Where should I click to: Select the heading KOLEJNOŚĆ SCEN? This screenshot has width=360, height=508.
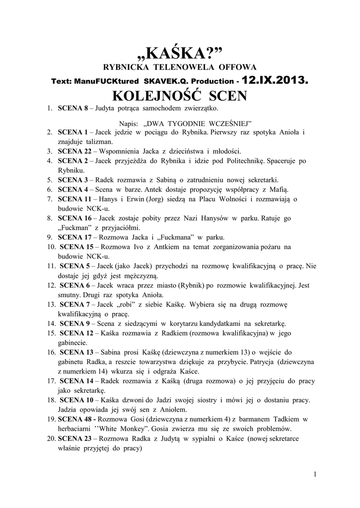point(180,95)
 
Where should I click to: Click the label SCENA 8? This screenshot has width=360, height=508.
point(72,108)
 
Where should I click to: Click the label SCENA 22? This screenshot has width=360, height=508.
point(74,151)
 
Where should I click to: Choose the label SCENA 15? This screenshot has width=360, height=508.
point(76,247)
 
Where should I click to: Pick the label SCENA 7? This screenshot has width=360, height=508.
point(74,304)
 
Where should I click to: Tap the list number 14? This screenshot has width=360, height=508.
point(52,323)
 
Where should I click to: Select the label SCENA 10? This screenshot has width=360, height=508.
point(76,400)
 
